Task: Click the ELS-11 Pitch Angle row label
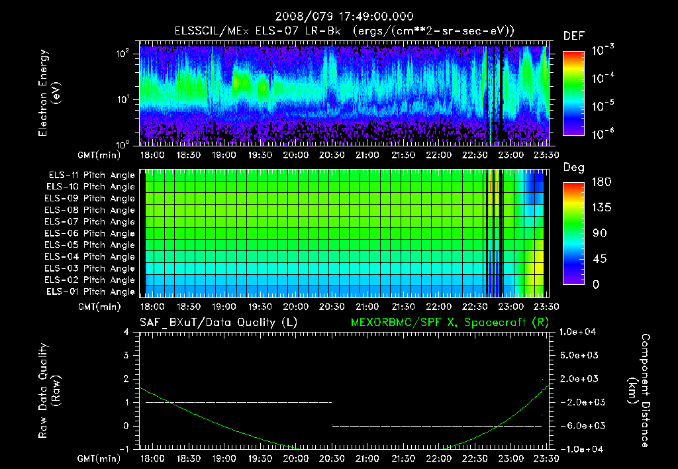[x=90, y=175]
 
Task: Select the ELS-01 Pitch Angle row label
[x=90, y=291]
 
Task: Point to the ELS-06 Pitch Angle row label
[x=90, y=233]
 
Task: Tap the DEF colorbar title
[x=573, y=36]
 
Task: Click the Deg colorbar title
[x=573, y=168]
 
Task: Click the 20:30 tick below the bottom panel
[x=331, y=458]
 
